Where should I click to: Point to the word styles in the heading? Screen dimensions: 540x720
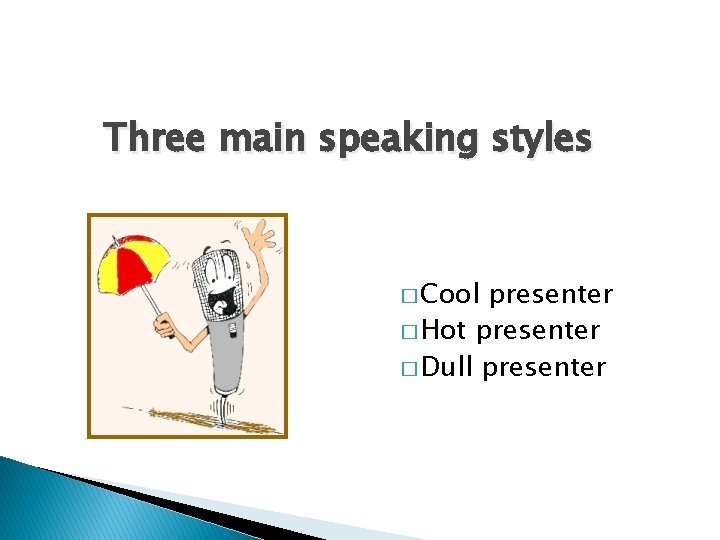pyautogui.click(x=540, y=138)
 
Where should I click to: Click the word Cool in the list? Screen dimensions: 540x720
pyautogui.click(x=451, y=295)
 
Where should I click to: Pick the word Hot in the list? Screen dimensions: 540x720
pyautogui.click(x=443, y=331)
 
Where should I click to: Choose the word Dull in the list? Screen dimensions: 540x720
pyautogui.click(x=447, y=367)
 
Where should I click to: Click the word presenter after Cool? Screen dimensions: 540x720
pyautogui.click(x=551, y=295)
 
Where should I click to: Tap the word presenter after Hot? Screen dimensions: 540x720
pyautogui.click(x=538, y=331)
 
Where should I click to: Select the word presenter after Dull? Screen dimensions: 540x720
pyautogui.click(x=544, y=367)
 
